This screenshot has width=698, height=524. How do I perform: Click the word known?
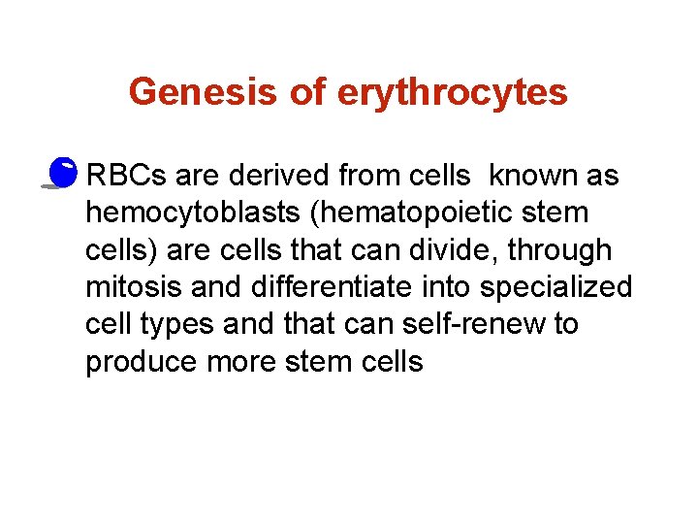532,177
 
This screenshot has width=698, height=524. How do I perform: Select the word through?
567,250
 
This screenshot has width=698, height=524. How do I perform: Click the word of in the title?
307,92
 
